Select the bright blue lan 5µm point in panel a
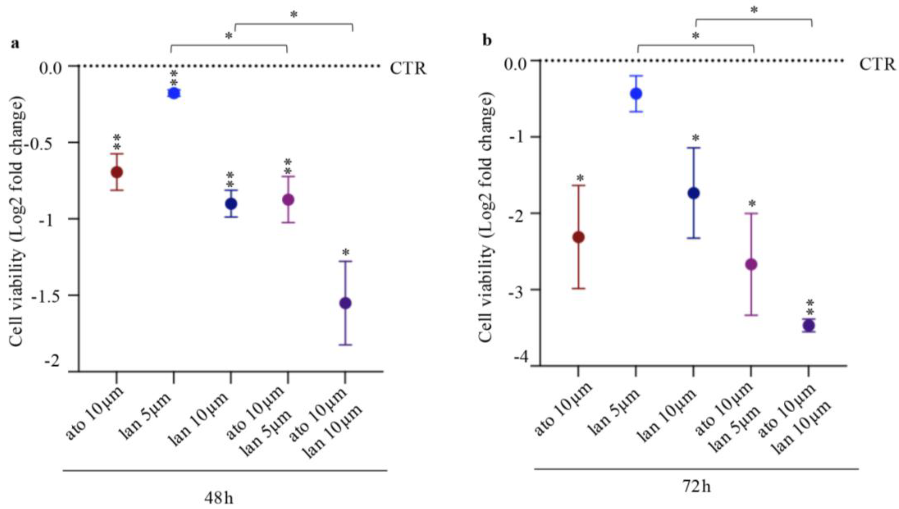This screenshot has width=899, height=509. (x=173, y=93)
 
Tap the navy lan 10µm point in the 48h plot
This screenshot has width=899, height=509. (x=231, y=203)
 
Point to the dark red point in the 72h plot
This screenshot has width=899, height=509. (x=578, y=237)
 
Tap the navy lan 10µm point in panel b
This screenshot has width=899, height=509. (x=693, y=193)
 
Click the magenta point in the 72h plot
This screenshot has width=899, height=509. (x=751, y=264)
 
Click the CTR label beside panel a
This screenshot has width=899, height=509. (x=408, y=69)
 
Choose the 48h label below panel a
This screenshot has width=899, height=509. (x=219, y=498)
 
